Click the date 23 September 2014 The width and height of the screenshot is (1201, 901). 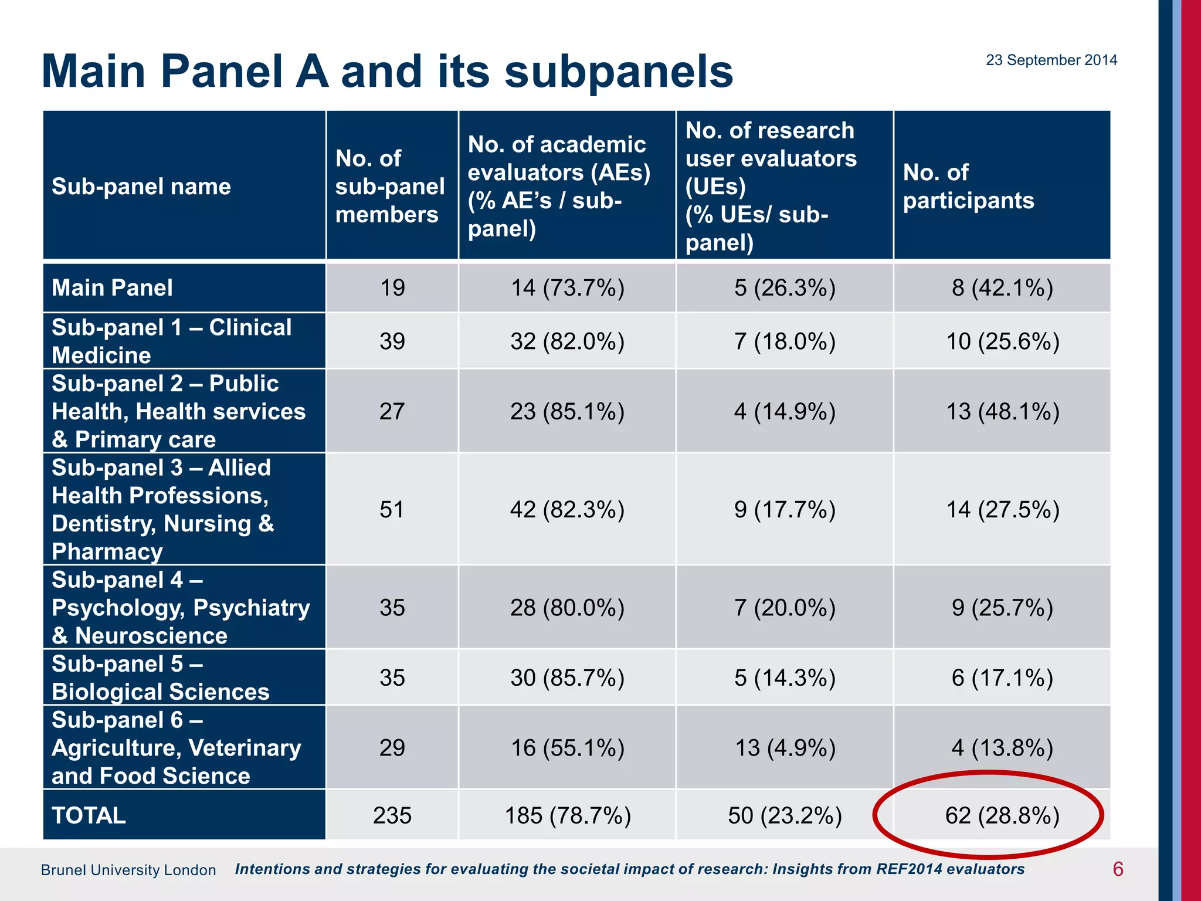[x=1051, y=60]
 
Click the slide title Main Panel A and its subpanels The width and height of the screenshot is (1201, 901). [x=388, y=72]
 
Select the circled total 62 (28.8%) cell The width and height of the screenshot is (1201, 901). [x=1002, y=815]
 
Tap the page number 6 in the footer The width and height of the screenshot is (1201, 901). [x=1118, y=869]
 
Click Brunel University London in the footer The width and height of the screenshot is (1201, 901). [x=128, y=870]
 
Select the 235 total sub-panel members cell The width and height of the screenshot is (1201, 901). [x=392, y=815]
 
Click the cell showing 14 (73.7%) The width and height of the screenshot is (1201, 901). [x=567, y=287]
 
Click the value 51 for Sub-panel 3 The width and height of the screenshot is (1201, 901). [x=392, y=509]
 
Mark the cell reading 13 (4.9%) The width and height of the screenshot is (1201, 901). [x=785, y=748]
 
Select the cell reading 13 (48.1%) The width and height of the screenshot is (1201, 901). [x=1002, y=411]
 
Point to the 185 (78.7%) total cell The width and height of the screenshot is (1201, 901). [x=567, y=815]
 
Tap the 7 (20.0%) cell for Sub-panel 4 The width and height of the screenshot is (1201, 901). [x=785, y=607]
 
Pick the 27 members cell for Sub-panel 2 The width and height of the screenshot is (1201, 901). [x=392, y=411]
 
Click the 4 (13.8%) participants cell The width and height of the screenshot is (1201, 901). [x=1002, y=748]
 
